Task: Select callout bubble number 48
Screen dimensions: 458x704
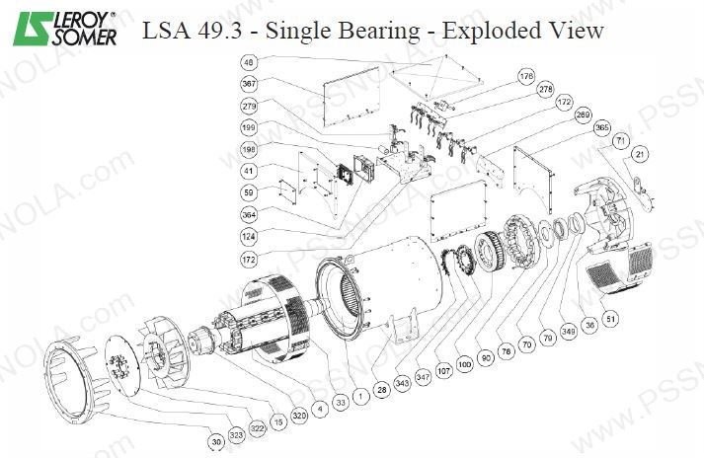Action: [248, 62]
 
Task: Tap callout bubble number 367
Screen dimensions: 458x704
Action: [248, 84]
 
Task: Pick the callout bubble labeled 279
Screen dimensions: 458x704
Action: [248, 106]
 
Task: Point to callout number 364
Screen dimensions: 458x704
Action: [248, 214]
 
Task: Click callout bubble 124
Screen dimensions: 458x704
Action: [248, 236]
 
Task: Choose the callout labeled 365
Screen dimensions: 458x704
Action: [601, 126]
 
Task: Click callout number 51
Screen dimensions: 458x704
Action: [611, 319]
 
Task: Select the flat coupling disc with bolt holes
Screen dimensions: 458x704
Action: [123, 371]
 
